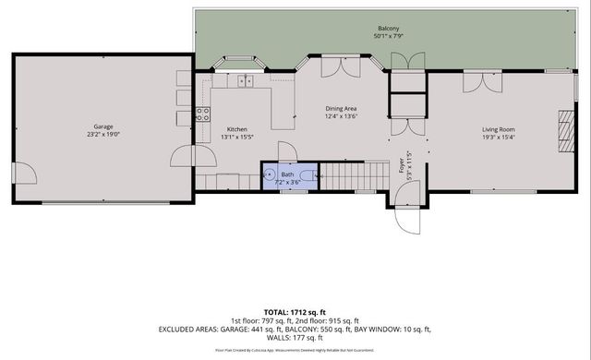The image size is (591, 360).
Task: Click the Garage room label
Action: pyautogui.click(x=103, y=126)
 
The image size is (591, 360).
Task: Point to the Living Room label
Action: pyautogui.click(x=498, y=129)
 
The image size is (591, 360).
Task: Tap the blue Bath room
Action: pyautogui.click(x=289, y=174)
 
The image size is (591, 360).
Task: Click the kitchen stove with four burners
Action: pyautogui.click(x=202, y=114)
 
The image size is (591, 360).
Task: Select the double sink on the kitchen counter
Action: pyautogui.click(x=245, y=81)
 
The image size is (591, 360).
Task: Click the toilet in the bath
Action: pyautogui.click(x=314, y=174)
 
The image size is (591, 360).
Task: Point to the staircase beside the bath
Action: pyautogui.click(x=355, y=173)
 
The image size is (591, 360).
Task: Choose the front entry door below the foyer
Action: pyautogui.click(x=407, y=217)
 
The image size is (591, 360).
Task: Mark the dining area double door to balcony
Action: pyautogui.click(x=334, y=67)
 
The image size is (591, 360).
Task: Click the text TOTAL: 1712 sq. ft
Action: pyautogui.click(x=295, y=313)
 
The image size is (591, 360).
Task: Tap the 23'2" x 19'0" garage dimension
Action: pyautogui.click(x=103, y=135)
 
